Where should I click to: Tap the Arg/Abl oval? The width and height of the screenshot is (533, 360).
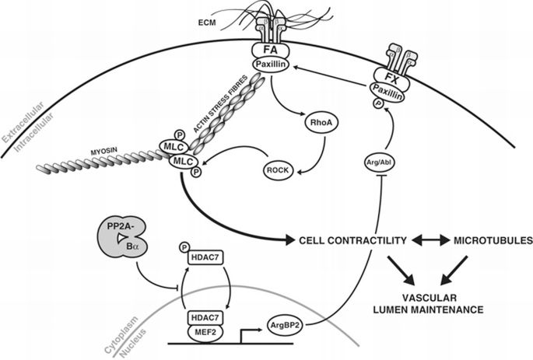380,162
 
